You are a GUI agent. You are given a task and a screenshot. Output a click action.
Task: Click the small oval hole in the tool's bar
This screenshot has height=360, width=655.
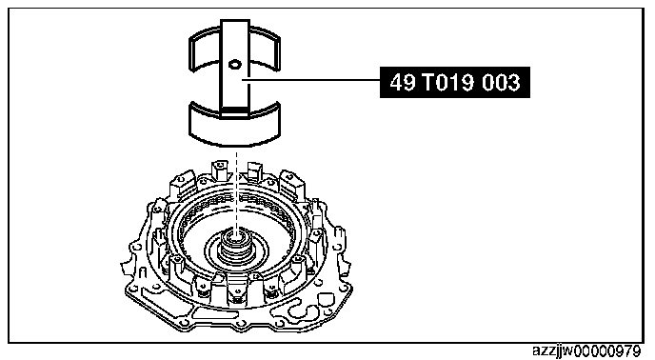click(x=235, y=64)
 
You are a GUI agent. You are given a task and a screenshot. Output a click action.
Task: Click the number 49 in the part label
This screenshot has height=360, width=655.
click(x=403, y=82)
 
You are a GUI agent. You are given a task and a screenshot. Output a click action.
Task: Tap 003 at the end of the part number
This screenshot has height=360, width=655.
click(x=502, y=82)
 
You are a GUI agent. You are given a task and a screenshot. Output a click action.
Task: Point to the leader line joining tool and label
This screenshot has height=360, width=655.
click(x=310, y=79)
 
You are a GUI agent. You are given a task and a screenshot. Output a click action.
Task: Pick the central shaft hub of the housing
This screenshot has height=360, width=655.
click(x=236, y=247)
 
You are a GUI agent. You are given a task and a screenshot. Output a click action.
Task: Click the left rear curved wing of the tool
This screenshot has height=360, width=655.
click(x=205, y=49)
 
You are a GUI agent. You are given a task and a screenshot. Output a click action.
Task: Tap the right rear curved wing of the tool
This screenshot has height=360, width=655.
click(x=265, y=49)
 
